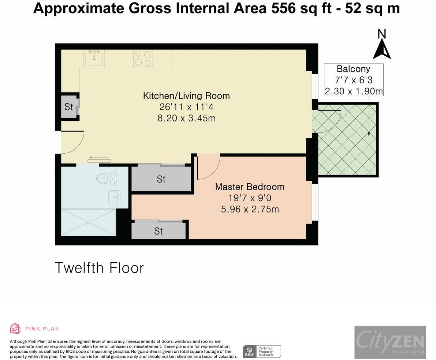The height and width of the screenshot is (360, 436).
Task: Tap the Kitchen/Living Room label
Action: (x=186, y=96)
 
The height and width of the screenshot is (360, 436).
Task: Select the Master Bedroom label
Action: (x=250, y=187)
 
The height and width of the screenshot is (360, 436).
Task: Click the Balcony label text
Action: (x=353, y=69)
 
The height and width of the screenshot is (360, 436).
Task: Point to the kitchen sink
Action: (x=94, y=59)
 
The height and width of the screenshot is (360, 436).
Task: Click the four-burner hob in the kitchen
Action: (x=143, y=58)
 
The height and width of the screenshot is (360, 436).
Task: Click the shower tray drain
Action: (x=89, y=222)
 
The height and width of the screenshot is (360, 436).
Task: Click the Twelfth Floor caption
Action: (x=99, y=268)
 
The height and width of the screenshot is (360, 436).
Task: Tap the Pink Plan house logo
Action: (x=15, y=328)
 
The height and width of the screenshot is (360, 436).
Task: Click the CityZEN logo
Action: (x=390, y=342)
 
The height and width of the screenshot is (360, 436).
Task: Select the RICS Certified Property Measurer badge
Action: (x=262, y=351)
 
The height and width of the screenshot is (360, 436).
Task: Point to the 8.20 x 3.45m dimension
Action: (x=187, y=118)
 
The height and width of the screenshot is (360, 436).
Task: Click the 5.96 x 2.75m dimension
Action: (x=250, y=209)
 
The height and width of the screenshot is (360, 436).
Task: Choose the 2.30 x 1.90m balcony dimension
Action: (x=354, y=91)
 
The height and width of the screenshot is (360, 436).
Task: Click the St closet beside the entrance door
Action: (x=69, y=107)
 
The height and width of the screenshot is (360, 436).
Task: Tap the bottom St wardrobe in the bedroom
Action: (x=159, y=231)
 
